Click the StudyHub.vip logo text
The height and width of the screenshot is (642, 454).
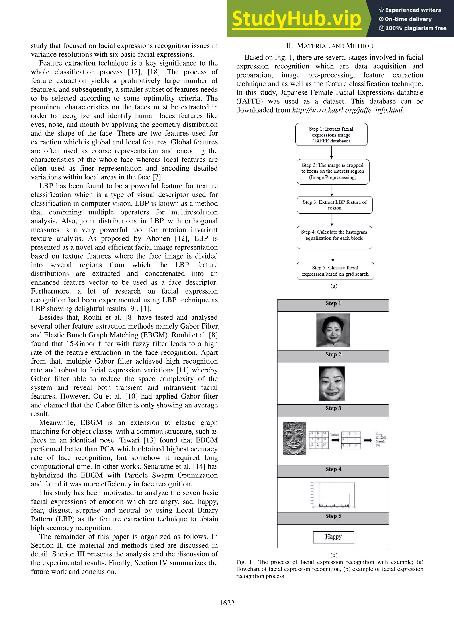pyautogui.click(x=296, y=19)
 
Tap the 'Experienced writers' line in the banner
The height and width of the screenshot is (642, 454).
pyautogui.click(x=410, y=10)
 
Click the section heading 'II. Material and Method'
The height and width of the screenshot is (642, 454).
pyautogui.click(x=329, y=46)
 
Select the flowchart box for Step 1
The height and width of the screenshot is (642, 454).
pyautogui.click(x=331, y=134)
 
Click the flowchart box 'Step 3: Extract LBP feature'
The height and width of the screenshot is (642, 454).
pyautogui.click(x=335, y=205)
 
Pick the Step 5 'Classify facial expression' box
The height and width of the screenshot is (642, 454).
pyautogui.click(x=335, y=271)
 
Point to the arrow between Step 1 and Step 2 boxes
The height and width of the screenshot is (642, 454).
pyautogui.click(x=331, y=152)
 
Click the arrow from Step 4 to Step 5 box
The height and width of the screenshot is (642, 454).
pyautogui.click(x=333, y=255)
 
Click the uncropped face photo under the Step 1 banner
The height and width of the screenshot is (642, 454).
pyautogui.click(x=333, y=330)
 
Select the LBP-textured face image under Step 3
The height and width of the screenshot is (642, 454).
pyautogui.click(x=294, y=438)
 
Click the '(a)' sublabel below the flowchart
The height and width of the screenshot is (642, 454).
pyautogui.click(x=334, y=286)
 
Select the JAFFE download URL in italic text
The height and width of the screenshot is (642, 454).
pyautogui.click(x=348, y=110)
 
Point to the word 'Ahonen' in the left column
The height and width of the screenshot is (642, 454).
pyautogui.click(x=158, y=239)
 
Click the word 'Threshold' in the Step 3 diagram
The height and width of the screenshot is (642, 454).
pyautogui.click(x=334, y=434)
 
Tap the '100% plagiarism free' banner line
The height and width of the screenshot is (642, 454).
pyautogui.click(x=413, y=28)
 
